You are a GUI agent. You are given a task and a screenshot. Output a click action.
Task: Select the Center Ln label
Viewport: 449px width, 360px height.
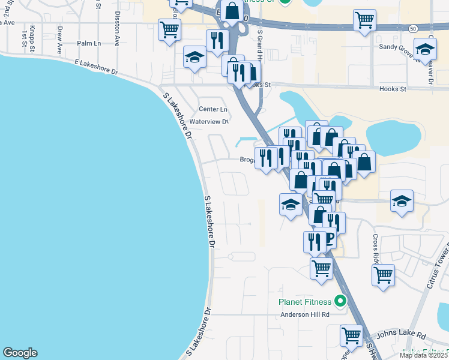coord(213,109)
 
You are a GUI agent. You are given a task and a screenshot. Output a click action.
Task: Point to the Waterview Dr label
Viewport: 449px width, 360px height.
coord(209,121)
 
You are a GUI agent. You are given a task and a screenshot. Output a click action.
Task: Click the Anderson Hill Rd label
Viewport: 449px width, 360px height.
coord(305,314)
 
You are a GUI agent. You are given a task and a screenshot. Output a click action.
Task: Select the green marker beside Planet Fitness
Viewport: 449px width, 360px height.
coord(341,301)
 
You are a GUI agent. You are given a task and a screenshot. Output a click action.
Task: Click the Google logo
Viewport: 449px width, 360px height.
coord(20,353)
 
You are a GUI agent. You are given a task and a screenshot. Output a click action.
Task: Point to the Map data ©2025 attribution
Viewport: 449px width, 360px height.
coord(423,355)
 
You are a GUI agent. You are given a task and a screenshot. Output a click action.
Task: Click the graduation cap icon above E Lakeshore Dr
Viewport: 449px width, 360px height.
coord(194,57)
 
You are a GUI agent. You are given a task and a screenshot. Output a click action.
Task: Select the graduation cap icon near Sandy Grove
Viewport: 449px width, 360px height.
coord(424,50)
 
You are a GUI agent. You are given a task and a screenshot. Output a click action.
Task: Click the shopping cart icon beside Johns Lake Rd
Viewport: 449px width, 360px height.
coord(351,334)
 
